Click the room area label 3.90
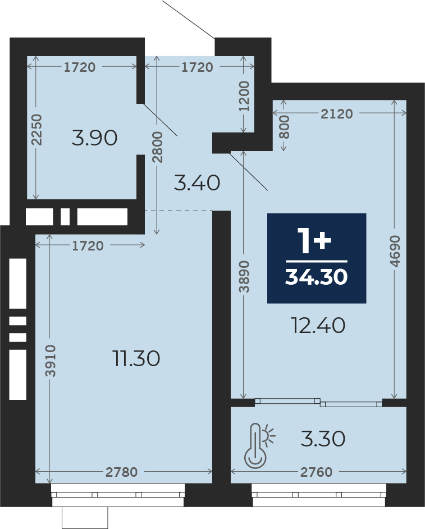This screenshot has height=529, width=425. point(94,138)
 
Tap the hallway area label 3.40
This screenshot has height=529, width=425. point(197,183)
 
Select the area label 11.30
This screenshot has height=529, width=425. point(136,358)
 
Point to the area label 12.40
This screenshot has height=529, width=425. point(318,326)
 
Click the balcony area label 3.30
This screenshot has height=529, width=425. point(323,439)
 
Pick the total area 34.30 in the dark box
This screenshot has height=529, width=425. point(317,277)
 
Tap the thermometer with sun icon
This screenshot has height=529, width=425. point(259,445)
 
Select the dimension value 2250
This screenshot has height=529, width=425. point(36,130)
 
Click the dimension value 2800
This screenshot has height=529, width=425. point(157,147)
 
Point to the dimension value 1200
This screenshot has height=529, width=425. point(244,96)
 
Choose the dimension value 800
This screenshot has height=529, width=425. point(285,127)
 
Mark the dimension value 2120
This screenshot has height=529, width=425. point(337,114)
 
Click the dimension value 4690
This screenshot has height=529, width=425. point(395,251)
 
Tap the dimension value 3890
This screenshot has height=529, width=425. point(244,276)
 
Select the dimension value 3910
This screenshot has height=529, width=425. point(51,361)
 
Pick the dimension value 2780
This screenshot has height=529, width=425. point(121,472)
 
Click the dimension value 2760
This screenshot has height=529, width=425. point(317,472)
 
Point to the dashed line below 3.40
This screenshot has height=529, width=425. point(179,211)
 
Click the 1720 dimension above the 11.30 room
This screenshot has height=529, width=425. point(88,245)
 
